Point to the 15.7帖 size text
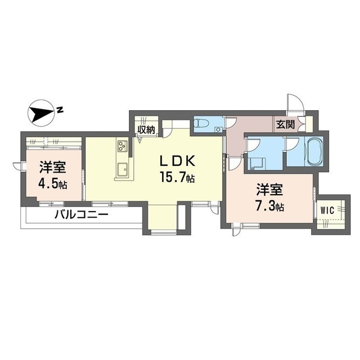coord(176,179)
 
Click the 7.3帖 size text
coord(270,205)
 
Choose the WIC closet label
coord(327,210)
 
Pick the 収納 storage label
coord(147,129)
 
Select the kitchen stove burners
coord(123,147)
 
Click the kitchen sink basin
coord(123,169)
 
